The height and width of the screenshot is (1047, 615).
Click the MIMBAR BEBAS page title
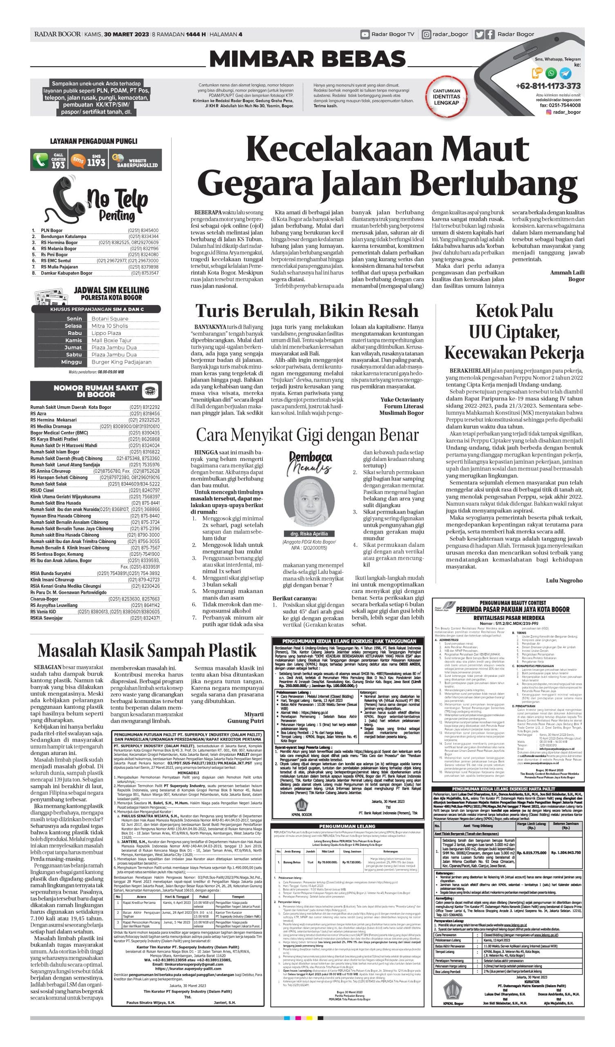tap(308, 58)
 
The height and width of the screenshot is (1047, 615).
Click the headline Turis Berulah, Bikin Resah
tap(306, 310)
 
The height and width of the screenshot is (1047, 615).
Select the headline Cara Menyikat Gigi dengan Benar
tap(307, 435)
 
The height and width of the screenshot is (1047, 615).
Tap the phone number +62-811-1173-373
tap(548, 86)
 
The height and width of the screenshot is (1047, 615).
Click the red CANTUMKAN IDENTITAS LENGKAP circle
tap(446, 97)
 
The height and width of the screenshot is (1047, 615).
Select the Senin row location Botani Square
tap(110, 319)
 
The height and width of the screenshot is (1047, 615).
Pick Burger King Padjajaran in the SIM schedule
tap(121, 362)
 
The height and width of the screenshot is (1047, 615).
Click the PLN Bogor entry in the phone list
tap(51, 230)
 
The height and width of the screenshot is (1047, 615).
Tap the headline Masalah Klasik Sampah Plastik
tap(147, 650)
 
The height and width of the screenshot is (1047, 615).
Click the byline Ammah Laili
tap(567, 272)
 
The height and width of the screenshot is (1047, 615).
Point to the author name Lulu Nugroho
tap(564, 580)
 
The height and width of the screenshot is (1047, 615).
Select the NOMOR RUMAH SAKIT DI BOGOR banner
tap(96, 391)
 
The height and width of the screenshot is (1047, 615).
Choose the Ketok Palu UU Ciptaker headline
tap(514, 332)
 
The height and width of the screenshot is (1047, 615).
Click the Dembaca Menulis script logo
tap(310, 462)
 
